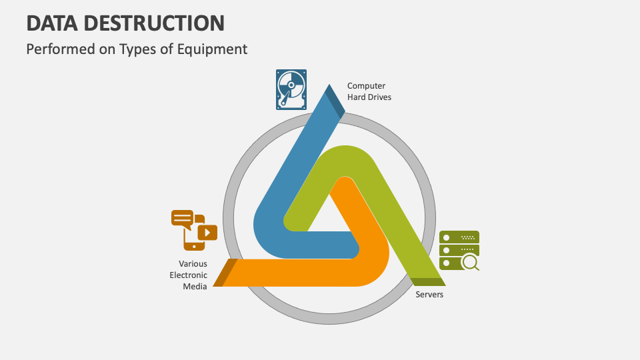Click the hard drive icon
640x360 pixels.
point(291,89)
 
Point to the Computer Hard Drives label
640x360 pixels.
point(369,91)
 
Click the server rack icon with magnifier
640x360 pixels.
point(459,250)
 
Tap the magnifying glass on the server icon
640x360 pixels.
point(471,263)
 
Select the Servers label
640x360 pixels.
point(429,294)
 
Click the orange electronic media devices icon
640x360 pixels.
point(194,229)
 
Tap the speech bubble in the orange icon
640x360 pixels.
point(182,218)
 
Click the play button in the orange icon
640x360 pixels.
point(208,232)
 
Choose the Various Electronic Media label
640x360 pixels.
point(189,275)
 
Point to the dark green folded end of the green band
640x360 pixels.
point(427,281)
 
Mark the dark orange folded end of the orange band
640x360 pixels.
point(225,272)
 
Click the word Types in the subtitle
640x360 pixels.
point(137,49)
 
